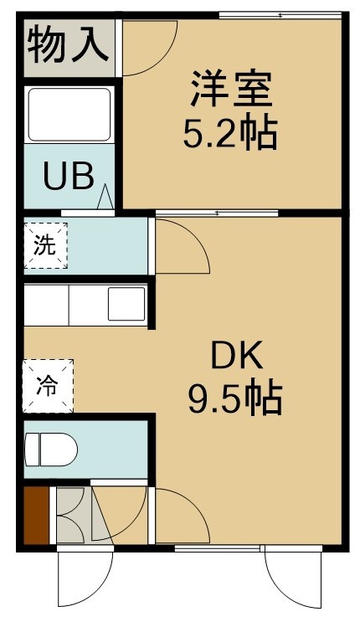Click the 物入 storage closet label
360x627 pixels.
coord(68,44)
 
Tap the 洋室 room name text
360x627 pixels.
coord(231,89)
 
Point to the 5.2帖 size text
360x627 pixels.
coord(230,131)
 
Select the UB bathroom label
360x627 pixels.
coord(69,176)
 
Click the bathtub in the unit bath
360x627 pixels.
coord(69,115)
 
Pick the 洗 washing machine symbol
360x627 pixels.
coord(45,245)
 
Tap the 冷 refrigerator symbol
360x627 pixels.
coord(48,386)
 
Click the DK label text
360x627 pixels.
coord(237,355)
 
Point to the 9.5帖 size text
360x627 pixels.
coord(235,398)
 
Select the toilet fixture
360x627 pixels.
coord(51,450)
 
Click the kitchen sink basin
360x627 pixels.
coord(126,304)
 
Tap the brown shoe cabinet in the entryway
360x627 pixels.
coord(36,516)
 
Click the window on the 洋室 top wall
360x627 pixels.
coord(280,16)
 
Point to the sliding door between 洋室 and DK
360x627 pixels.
coord(216,213)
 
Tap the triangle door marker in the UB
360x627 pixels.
coord(105,197)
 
